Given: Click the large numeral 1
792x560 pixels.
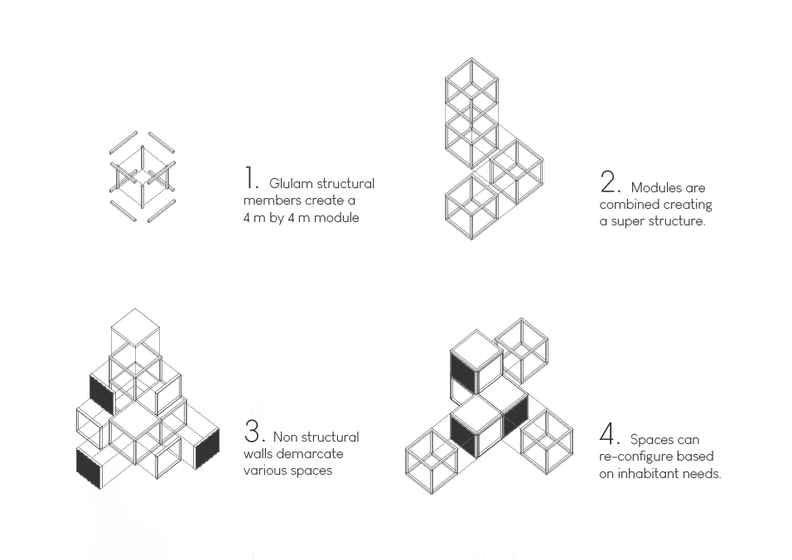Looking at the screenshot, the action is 250,178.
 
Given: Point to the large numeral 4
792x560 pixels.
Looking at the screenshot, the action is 608,434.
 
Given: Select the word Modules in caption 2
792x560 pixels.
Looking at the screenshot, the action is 656,188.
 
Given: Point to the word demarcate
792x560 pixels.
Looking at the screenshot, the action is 310,453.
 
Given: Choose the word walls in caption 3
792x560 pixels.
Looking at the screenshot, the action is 258,453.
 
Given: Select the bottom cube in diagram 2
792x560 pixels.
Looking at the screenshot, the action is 471,207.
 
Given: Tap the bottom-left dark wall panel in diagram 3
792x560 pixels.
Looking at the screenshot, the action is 89,468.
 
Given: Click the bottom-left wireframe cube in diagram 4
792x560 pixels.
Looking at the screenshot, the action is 432,461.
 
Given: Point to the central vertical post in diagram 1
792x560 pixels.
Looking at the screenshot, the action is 142,176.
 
